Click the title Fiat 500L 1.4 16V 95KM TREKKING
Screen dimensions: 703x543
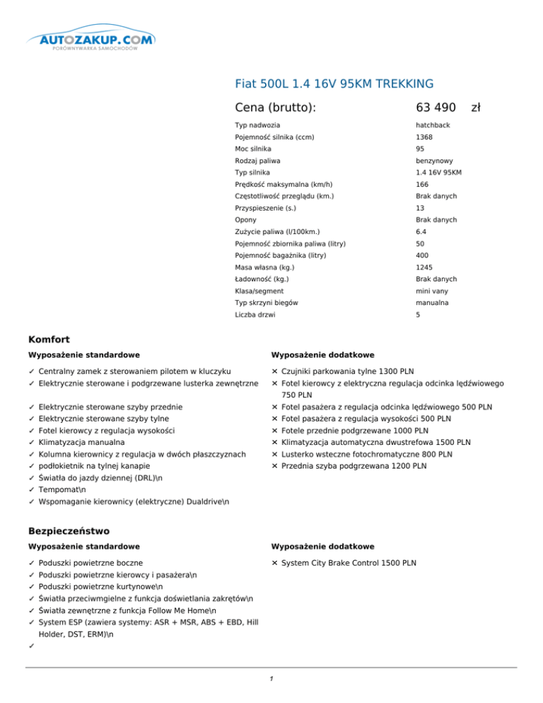(x=334, y=84)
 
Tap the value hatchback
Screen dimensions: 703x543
(x=433, y=124)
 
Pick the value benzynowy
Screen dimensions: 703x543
(x=434, y=161)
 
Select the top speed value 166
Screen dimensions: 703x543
(x=422, y=185)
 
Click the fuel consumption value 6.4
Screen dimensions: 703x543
(x=422, y=232)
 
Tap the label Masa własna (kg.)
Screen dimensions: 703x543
(x=264, y=267)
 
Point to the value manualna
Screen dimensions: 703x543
(x=433, y=303)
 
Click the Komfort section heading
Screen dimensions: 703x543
(x=49, y=340)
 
